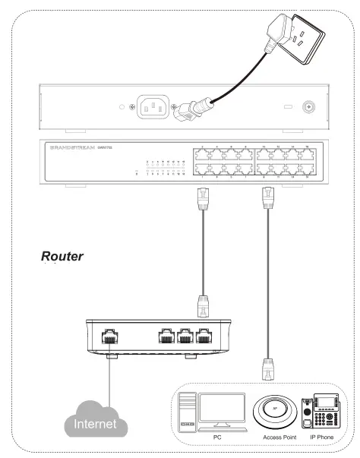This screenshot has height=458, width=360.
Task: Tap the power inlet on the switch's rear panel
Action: (153, 107)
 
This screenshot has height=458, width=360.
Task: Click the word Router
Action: (62, 257)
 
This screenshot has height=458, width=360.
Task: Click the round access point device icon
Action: (276, 412)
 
